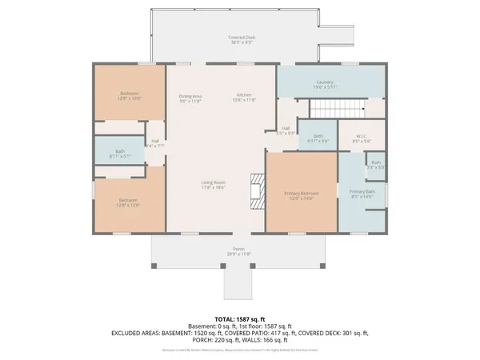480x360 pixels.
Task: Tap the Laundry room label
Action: pos(325,83)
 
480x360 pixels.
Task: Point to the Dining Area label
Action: pos(190,98)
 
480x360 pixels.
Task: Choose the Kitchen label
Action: pos(243,98)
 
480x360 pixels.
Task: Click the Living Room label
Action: pos(213,185)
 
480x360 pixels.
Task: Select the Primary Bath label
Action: pos(362,194)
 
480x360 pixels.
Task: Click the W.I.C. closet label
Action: pos(361,138)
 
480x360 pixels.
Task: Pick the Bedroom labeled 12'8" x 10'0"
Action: pos(130,96)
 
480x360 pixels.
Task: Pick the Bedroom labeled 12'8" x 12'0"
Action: pos(129,202)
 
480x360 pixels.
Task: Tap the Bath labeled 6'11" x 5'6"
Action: pos(318,138)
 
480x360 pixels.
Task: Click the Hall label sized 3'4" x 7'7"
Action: pos(155,144)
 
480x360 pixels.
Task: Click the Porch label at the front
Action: pos(238,251)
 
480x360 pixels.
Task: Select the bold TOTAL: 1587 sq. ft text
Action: pos(240,318)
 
